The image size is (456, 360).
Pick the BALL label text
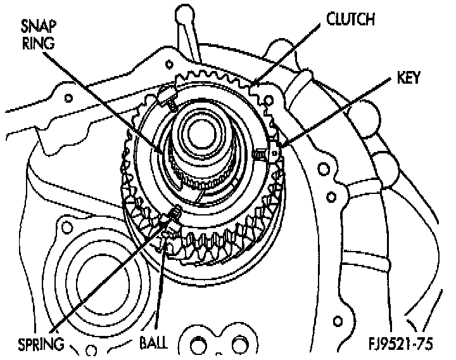click(x=153, y=344)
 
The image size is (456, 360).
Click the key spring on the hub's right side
click(x=260, y=154)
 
